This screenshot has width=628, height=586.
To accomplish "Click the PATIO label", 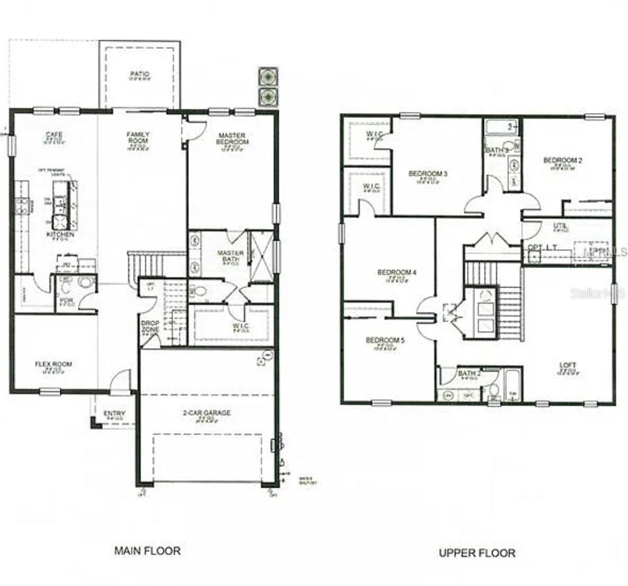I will pos(140,75).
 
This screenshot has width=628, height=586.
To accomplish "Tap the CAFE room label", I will pos(54,135).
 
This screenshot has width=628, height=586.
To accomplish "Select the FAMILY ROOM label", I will pos(138,138).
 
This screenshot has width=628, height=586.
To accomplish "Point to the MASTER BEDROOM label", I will pos(233,139).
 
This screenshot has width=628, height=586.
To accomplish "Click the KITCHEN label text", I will pos(61,234).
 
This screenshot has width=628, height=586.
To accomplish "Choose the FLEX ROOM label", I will pos(53,365).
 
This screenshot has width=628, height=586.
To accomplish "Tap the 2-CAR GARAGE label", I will pos(208,413).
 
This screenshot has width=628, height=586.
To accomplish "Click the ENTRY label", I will pos(115,415).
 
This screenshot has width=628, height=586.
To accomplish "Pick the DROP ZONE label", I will pos(150,326).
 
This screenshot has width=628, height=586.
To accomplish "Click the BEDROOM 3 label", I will pos(428,174).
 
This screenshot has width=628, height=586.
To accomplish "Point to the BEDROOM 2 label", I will pos(562,160).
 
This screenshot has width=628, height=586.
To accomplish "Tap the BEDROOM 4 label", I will pos(397,272).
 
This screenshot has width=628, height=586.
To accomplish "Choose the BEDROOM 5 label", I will pos(385,340).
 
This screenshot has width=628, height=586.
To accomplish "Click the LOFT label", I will pos(568,365).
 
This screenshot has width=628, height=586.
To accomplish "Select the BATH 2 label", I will pos(469,373).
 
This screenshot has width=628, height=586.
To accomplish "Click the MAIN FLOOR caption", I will pos(148,551).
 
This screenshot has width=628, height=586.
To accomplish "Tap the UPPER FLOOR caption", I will pos(477,553).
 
